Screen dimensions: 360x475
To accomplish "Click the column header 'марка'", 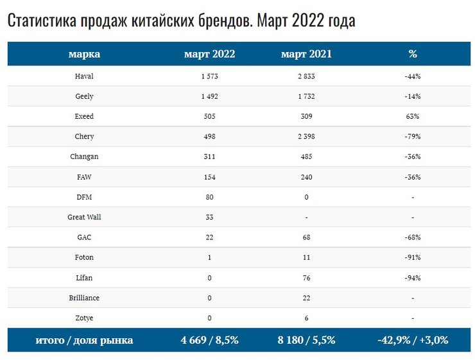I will click(x=84, y=54).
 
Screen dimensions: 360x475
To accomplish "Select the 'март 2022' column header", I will click(x=209, y=54).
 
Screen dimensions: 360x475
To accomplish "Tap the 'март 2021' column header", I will click(x=306, y=54).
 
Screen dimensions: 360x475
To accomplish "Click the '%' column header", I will click(x=412, y=54).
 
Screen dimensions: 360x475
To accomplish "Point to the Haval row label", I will click(x=84, y=76).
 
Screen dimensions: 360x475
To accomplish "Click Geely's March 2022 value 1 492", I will click(x=209, y=96).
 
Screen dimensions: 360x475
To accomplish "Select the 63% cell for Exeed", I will click(x=412, y=117).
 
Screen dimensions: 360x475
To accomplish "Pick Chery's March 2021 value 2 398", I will click(x=306, y=137).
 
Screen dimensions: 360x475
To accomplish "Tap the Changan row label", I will click(x=84, y=157).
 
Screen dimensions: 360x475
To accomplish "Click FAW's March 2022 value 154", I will click(x=209, y=177).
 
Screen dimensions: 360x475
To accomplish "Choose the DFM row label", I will click(x=84, y=197).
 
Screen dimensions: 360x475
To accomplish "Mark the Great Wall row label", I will click(x=84, y=217).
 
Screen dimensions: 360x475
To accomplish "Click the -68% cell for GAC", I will click(x=412, y=237).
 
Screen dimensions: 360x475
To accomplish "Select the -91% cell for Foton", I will click(x=412, y=257).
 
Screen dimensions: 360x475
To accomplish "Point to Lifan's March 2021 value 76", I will click(x=306, y=278).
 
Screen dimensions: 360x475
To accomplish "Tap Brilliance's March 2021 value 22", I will click(x=306, y=298).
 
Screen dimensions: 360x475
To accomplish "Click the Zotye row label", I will click(x=84, y=318).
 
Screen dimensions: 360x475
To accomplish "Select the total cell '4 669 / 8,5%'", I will click(x=209, y=341).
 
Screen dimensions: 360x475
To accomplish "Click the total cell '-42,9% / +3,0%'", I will click(x=412, y=341).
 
